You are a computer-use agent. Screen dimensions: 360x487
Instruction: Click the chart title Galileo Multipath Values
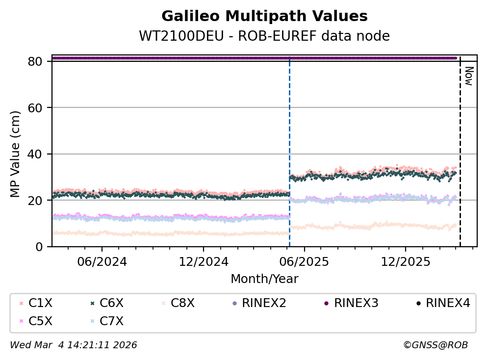(x=264, y=17)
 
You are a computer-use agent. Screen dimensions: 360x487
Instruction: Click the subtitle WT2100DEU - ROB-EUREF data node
(x=264, y=36)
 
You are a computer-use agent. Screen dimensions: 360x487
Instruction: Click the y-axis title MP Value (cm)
(x=16, y=154)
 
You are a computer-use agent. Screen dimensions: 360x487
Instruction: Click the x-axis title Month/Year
(x=264, y=279)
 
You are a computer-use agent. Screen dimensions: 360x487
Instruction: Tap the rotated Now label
(x=468, y=76)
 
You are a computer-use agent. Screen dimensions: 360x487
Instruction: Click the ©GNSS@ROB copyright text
(x=435, y=345)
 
